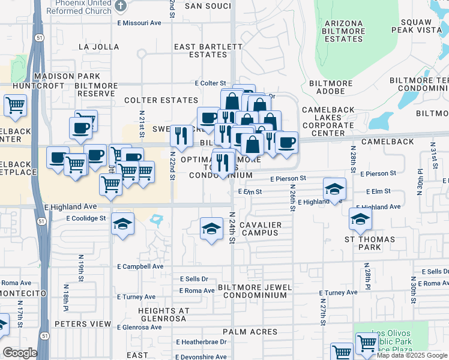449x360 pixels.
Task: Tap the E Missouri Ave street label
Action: click(x=140, y=23)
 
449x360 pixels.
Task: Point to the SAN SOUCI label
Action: click(x=208, y=6)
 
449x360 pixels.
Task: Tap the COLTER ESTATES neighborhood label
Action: click(x=161, y=100)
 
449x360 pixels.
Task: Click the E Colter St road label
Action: click(x=209, y=83)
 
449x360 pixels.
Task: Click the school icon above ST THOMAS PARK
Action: click(x=360, y=220)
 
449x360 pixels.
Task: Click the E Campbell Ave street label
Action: click(x=140, y=266)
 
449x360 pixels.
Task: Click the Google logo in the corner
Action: click(x=20, y=353)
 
